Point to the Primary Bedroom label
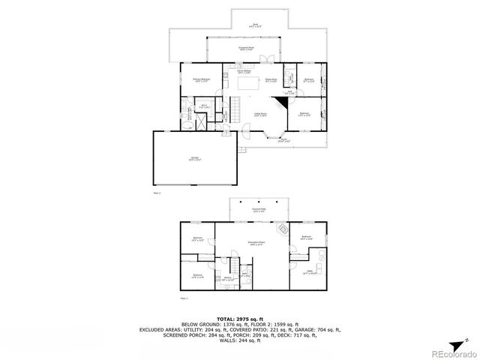coord(201,80)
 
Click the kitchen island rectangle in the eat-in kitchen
coord(247,85)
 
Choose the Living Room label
coord(260,115)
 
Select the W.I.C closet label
coord(203,106)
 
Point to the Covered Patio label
coord(259,210)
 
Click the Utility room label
coord(308,273)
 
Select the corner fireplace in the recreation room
coord(282,229)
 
